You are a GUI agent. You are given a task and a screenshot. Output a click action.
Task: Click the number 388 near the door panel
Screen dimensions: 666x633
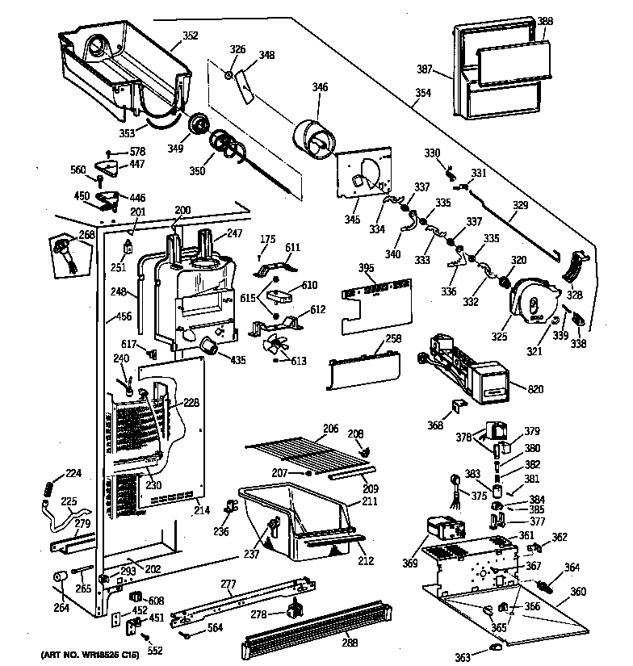click(x=546, y=22)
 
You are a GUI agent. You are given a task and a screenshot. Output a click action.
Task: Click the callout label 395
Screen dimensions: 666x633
click(x=366, y=268)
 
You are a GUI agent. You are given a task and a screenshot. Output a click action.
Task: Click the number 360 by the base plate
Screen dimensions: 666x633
click(x=578, y=591)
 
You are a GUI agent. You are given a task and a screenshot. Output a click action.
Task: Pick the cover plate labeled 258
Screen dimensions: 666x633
click(x=363, y=368)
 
